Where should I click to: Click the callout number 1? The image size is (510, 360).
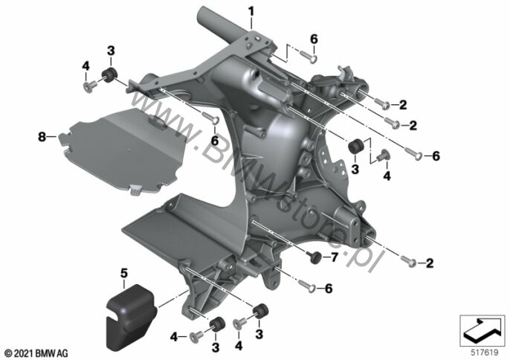tap(251, 12)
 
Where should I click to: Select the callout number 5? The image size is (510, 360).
tap(124, 274)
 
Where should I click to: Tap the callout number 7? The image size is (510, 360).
tap(335, 257)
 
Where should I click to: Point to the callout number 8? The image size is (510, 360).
tap(42, 137)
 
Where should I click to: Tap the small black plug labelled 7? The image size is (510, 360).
tap(315, 257)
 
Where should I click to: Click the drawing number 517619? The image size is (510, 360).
tap(484, 353)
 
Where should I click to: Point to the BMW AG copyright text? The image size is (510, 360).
tap(36, 353)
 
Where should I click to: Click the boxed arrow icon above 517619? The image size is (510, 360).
tap(482, 331)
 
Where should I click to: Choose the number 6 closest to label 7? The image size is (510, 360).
tap(329, 289)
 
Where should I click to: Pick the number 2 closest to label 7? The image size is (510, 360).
tap(430, 263)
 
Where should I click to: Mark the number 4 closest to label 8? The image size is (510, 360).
tap(85, 66)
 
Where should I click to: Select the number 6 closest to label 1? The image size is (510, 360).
tap(314, 39)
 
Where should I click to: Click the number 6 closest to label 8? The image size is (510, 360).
tap(215, 141)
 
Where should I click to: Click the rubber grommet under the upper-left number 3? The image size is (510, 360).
tap(109, 75)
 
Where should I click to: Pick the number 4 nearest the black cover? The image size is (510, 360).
tap(174, 337)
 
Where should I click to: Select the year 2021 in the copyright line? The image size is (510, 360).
tap(23, 353)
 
